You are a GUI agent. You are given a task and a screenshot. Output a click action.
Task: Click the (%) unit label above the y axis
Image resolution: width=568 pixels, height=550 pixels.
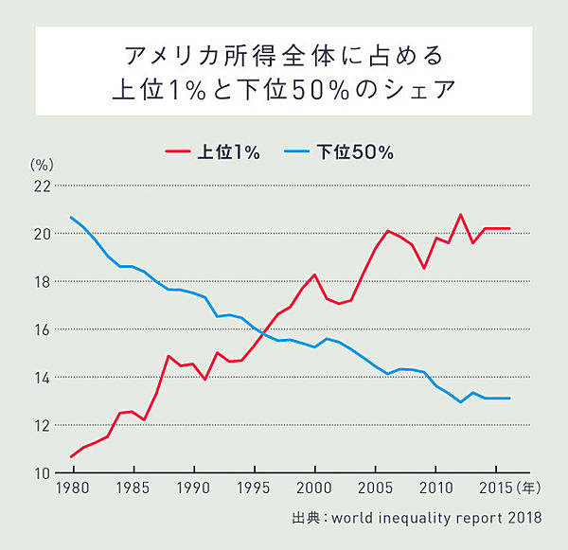39,166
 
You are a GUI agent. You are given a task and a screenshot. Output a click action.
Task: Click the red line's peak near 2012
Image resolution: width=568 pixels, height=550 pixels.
461,215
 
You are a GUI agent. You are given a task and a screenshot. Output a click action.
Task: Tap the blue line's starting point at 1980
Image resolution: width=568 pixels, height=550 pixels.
72,218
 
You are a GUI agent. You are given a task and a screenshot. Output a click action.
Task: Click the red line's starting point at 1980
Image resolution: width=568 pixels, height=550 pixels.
72,456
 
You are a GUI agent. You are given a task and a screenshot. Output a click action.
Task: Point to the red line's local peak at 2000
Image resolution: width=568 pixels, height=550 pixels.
314,275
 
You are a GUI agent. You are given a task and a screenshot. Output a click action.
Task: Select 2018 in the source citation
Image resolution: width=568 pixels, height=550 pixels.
524,518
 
